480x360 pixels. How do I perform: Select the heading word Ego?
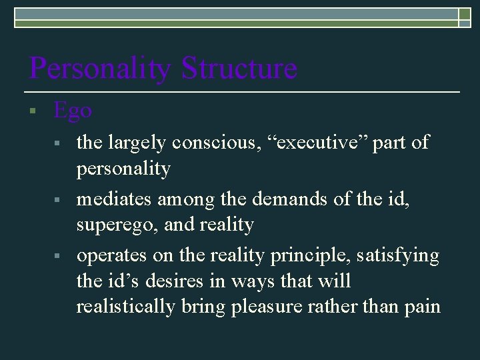pos(73,110)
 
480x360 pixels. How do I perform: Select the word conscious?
pos(211,142)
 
